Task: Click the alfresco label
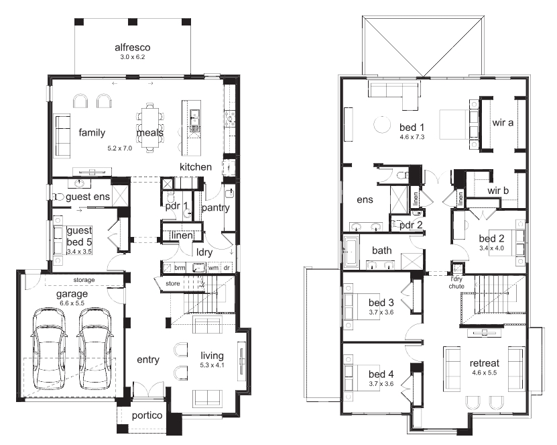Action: [x=133, y=47]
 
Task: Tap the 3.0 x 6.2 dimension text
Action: [x=133, y=57]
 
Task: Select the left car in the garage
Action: [x=49, y=350]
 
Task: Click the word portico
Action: [x=147, y=415]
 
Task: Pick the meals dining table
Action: [x=149, y=128]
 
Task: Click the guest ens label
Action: [x=88, y=197]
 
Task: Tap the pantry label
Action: [x=216, y=207]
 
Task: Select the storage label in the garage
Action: [x=84, y=280]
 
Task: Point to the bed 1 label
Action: [x=412, y=128]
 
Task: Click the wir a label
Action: [x=503, y=123]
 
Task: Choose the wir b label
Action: [x=498, y=191]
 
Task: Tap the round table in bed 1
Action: [x=382, y=124]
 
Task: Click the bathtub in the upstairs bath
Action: [x=351, y=252]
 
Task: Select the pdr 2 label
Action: [x=411, y=225]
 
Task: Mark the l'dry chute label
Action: [x=456, y=283]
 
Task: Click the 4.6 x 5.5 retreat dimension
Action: [x=485, y=373]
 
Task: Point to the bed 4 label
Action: [x=381, y=375]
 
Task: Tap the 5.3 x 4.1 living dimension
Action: [x=212, y=365]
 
